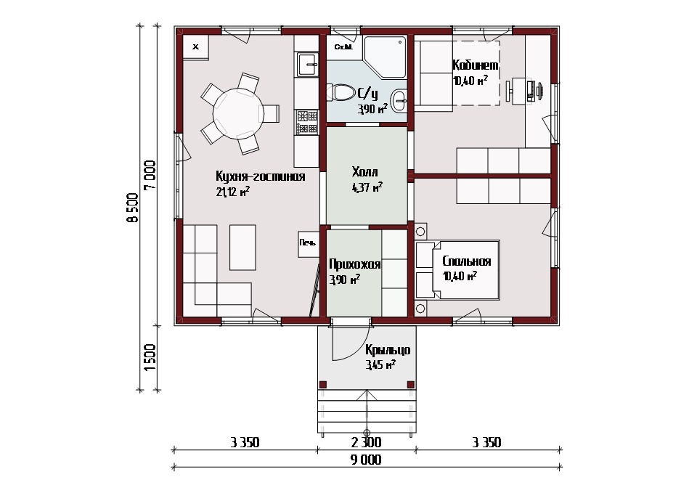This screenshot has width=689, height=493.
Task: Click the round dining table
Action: coord(238,113)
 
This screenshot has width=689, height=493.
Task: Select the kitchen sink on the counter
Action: coord(306,65)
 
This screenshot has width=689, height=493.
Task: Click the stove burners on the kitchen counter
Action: coord(306,122)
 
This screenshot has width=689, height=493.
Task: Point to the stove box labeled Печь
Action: coord(309,244)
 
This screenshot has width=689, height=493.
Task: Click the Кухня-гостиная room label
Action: coord(260,176)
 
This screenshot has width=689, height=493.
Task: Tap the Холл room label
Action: coord(364,171)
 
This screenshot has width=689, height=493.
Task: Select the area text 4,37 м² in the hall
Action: coord(367,187)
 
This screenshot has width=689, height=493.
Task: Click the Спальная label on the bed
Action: coord(466,261)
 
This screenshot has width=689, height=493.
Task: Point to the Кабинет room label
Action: coord(476,65)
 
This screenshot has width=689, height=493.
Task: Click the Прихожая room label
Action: coord(354,264)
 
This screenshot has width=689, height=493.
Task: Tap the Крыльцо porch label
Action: coord(388,350)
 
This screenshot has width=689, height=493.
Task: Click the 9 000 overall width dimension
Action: coord(366,460)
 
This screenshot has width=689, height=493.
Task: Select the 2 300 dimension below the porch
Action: coord(366,442)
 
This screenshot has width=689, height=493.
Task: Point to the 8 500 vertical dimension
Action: coord(132,208)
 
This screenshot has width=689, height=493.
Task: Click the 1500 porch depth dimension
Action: coord(150,356)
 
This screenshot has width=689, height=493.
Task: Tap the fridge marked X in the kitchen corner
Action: coord(195,47)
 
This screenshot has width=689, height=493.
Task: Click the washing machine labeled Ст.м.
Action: coord(343,47)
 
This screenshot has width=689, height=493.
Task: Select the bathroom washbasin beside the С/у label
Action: coord(399,100)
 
